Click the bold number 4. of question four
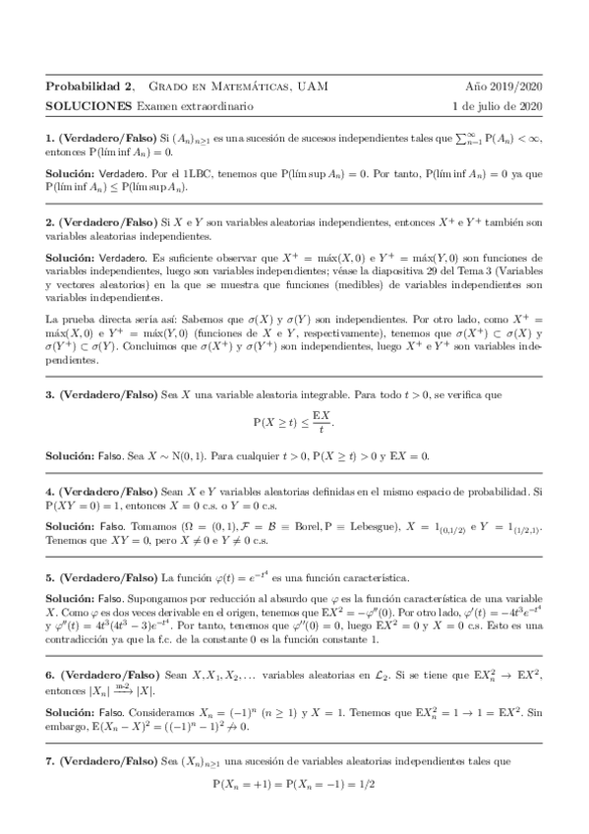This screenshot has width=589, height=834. [x=50, y=490]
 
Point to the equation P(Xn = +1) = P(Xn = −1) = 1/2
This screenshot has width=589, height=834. [x=295, y=786]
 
